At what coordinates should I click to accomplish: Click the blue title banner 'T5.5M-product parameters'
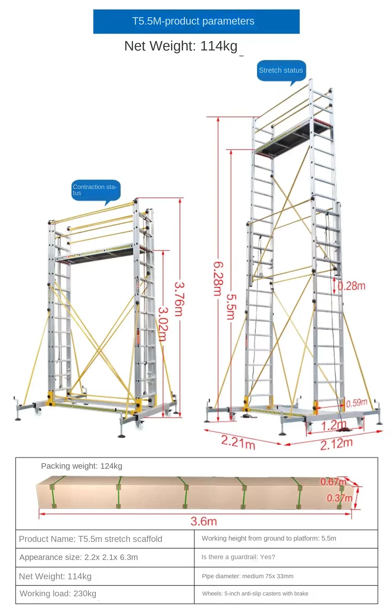pyautogui.click(x=196, y=21)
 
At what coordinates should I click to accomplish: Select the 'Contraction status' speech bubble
pyautogui.click(x=96, y=191)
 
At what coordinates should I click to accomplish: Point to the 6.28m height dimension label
pyautogui.click(x=218, y=279)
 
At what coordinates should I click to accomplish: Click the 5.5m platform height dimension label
pyautogui.click(x=231, y=307)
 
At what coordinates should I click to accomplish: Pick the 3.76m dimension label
pyautogui.click(x=180, y=299)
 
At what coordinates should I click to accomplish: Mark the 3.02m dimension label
pyautogui.click(x=163, y=324)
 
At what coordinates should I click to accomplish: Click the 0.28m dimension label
pyautogui.click(x=351, y=286)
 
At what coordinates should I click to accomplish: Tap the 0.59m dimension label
pyautogui.click(x=357, y=403)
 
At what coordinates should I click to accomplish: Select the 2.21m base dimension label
pyautogui.click(x=238, y=442)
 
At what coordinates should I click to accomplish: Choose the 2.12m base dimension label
pyautogui.click(x=337, y=444)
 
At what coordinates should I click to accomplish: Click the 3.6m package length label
pyautogui.click(x=204, y=521)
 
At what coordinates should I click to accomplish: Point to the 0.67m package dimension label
pyautogui.click(x=333, y=482)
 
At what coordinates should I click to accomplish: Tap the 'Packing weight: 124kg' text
pyautogui.click(x=82, y=466)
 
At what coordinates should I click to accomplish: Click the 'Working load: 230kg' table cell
pyautogui.click(x=105, y=594)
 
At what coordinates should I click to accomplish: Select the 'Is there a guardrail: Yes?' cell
pyautogui.click(x=286, y=557)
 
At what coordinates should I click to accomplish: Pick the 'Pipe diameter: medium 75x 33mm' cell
pyautogui.click(x=286, y=576)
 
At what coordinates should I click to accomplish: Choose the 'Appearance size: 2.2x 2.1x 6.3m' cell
pyautogui.click(x=105, y=557)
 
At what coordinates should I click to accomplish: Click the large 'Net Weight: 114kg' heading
pyautogui.click(x=181, y=46)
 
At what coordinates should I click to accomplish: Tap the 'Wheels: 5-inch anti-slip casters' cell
pyautogui.click(x=286, y=594)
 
